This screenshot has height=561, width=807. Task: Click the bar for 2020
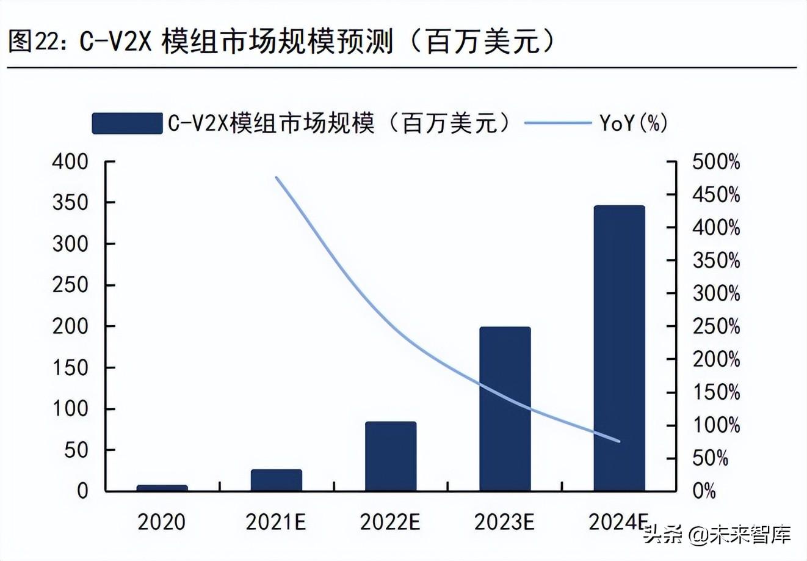pos(162,488)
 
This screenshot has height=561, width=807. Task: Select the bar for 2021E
pos(276,480)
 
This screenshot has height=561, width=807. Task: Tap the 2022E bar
pos(391,456)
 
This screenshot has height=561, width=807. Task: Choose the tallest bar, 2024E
pos(619,348)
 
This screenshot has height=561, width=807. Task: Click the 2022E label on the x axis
pos(391,522)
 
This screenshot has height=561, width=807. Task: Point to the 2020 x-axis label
pos(161,522)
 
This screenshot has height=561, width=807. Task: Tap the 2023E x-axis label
pos(505,522)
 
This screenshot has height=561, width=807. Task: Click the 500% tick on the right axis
pos(716,163)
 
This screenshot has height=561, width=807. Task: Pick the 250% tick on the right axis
pos(716,326)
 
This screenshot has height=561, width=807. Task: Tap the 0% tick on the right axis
pos(704,491)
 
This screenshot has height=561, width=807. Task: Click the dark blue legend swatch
pos(127,123)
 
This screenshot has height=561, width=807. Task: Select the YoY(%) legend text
pos(633,123)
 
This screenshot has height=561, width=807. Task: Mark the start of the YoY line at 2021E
pos(277,178)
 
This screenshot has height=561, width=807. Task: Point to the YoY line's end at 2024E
pos(619,441)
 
